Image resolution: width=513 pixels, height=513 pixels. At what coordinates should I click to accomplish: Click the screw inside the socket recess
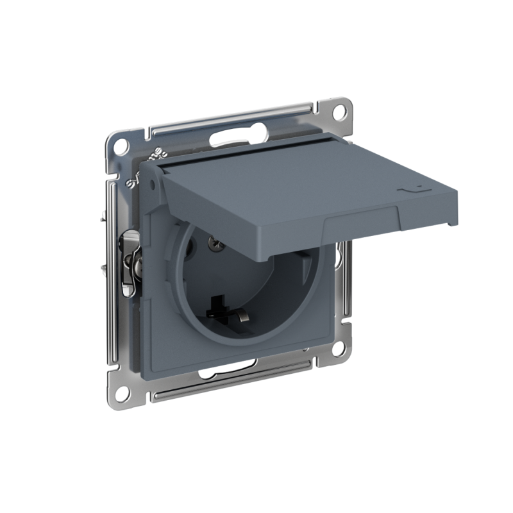(x=215, y=242)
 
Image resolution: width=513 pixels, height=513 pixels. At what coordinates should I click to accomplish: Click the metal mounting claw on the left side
(x=131, y=260)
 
